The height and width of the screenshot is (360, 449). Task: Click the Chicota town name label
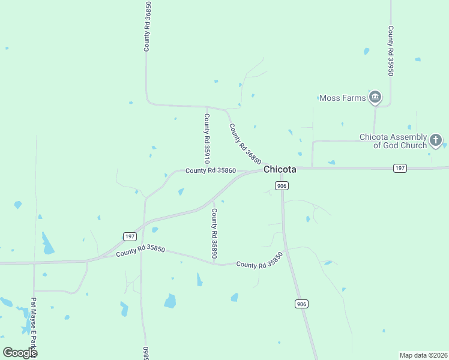[x=280, y=170]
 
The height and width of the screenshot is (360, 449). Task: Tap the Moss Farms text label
[x=343, y=98]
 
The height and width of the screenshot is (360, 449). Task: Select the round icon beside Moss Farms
[x=375, y=97]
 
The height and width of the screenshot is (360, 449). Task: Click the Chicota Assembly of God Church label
[x=393, y=141]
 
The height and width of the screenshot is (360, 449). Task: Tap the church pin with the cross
[x=436, y=141]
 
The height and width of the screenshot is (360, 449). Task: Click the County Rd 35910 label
[x=206, y=139]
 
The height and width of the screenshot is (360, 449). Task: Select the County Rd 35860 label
[x=210, y=171]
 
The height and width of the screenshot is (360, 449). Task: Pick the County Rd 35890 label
[x=214, y=230]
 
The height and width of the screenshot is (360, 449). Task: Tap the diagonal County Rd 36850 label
[x=245, y=144]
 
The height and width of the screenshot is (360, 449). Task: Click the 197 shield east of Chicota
[x=400, y=168]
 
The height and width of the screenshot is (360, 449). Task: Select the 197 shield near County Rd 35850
[x=130, y=236]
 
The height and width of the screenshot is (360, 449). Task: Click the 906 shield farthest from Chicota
[x=301, y=304]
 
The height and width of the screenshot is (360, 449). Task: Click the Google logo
[x=20, y=352]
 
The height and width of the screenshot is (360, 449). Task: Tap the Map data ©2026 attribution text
[x=423, y=355]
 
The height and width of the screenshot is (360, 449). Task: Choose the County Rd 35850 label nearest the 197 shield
[x=140, y=251]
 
